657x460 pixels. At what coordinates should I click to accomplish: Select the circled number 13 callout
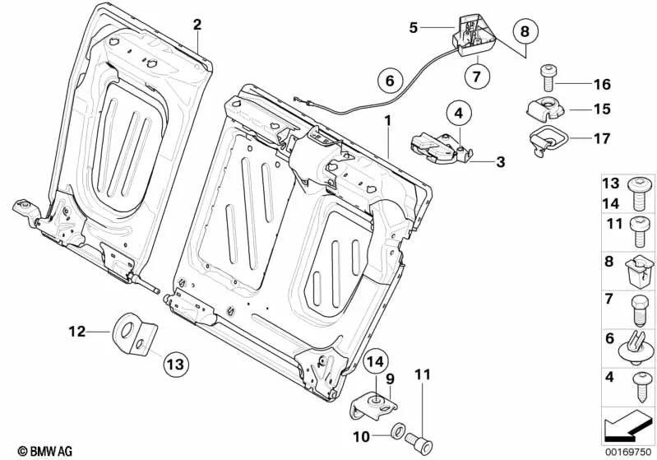[175, 362]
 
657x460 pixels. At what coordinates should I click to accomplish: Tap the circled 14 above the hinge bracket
[374, 360]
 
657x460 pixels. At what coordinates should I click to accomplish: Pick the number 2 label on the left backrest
[197, 24]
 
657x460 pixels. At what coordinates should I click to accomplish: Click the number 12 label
[76, 332]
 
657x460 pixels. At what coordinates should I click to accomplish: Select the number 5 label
[414, 28]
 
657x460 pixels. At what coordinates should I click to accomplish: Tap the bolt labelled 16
[548, 79]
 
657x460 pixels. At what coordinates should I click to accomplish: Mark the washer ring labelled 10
[396, 430]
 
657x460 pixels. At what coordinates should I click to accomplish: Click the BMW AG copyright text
[40, 450]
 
